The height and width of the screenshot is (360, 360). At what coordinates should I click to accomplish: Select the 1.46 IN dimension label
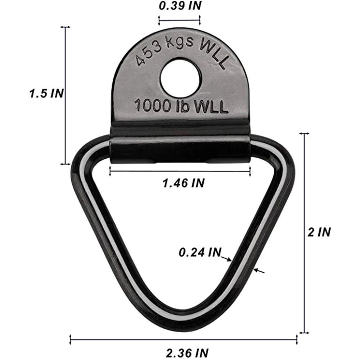(x=183, y=183)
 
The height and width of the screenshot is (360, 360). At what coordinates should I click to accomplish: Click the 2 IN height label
(x=319, y=232)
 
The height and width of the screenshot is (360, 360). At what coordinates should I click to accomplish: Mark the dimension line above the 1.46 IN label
(x=180, y=172)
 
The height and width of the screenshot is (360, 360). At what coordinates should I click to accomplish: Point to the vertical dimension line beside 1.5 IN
(x=65, y=95)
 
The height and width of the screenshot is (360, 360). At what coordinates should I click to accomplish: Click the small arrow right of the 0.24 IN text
(x=226, y=258)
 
